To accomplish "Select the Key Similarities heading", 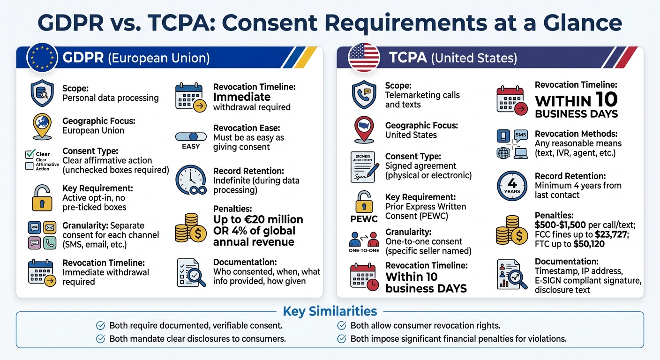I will point(330,311).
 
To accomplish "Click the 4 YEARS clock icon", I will point(512,186).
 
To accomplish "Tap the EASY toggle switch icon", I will point(191,137).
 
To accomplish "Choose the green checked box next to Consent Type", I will point(30,154).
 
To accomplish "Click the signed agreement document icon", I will point(364,167).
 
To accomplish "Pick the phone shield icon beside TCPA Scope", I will point(364,94).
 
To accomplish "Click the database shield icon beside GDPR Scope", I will point(42,93).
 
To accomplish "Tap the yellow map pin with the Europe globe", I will point(42,125).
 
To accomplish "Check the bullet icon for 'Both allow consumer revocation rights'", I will point(342,325).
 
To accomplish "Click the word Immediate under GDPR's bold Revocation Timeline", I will point(241,97).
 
